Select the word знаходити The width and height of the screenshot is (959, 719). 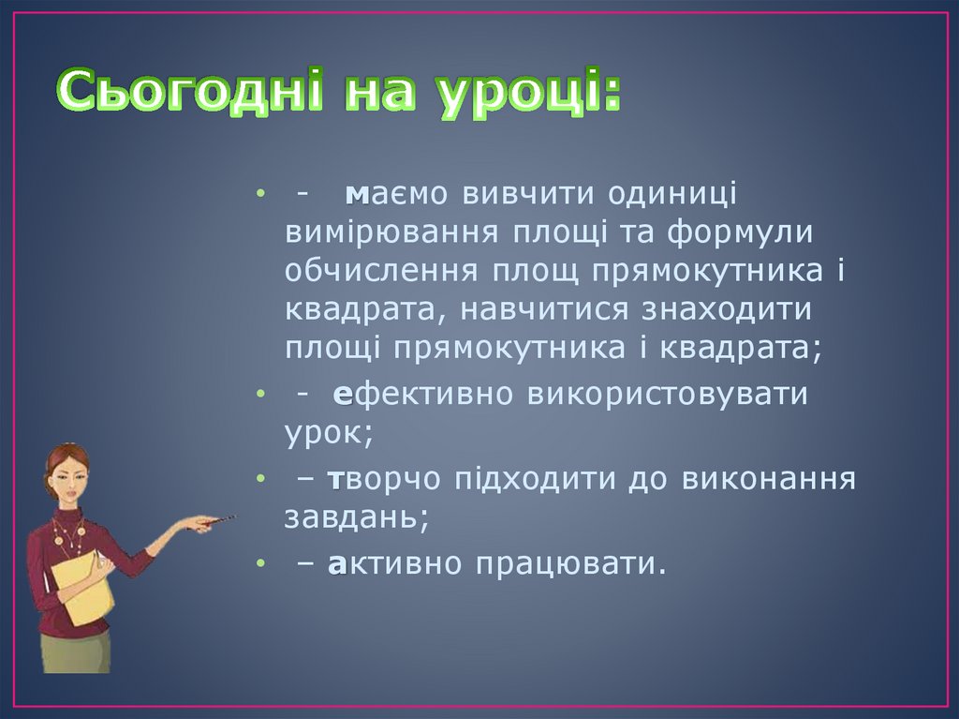(x=725, y=309)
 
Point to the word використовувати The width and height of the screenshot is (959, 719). (x=667, y=395)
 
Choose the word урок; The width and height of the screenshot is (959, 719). (x=329, y=433)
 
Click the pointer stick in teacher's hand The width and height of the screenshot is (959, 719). (x=214, y=520)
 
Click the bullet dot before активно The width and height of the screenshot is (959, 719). (x=258, y=565)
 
